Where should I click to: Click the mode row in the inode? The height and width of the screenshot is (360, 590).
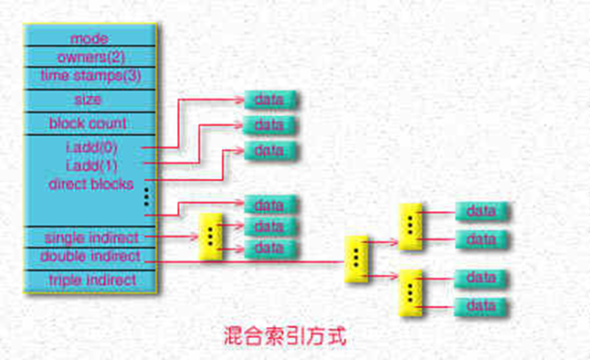89,38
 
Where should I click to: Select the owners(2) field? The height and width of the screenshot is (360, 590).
89,57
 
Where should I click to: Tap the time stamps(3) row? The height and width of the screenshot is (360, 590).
89,74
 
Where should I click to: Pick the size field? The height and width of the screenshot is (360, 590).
89,99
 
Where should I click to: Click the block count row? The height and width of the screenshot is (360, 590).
89,122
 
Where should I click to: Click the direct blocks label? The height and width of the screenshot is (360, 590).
90,184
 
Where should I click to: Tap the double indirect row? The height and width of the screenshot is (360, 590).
90,256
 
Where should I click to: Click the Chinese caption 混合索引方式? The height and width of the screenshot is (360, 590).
285,334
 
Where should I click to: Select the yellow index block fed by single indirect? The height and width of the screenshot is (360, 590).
210,237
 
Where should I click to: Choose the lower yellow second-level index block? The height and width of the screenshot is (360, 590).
410,291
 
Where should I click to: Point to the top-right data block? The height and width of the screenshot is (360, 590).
481,211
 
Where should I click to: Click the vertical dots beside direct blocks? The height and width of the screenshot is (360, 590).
145,196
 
